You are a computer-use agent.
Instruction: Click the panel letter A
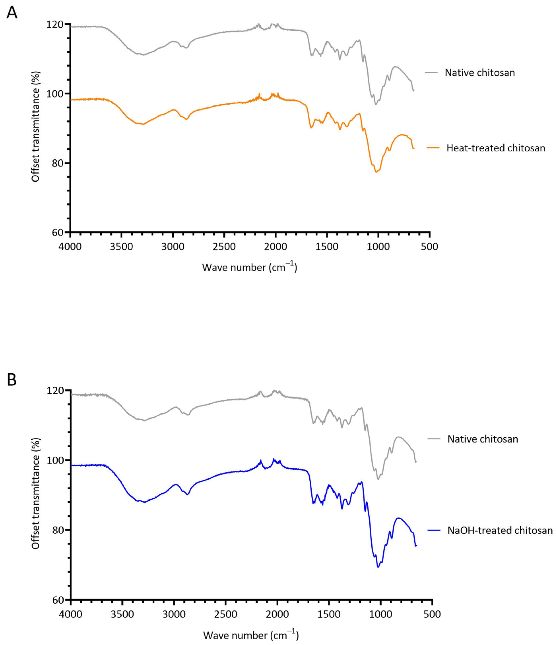(x=12, y=13)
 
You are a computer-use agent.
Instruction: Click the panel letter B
(x=12, y=380)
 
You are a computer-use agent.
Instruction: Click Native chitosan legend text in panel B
(x=482, y=439)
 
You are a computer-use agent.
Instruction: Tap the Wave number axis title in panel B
(x=251, y=635)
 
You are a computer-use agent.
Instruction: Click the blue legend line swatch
(x=434, y=530)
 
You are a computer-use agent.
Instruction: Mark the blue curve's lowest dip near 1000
(x=378, y=567)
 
